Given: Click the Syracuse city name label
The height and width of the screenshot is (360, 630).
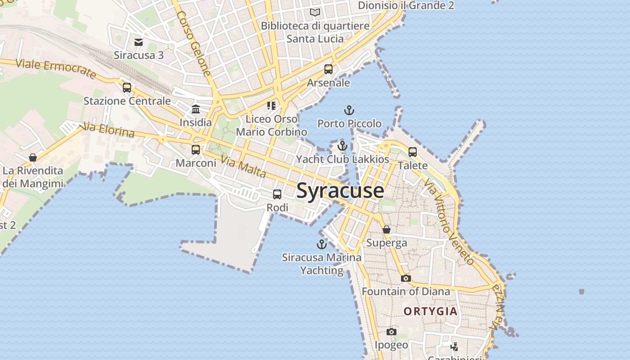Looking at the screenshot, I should coord(340,191).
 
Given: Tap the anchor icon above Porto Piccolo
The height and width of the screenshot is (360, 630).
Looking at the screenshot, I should coord(349,110).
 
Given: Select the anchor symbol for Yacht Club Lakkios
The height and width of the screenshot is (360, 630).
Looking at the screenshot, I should coord(342,146).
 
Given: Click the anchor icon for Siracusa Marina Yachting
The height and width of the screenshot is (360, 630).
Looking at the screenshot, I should coord(321,244).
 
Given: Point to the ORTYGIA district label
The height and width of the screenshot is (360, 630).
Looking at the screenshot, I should coord(430,311).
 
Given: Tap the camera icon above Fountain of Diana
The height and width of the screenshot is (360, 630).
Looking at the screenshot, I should coord(405,278).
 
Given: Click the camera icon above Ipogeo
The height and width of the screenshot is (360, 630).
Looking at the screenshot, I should coord(391,332).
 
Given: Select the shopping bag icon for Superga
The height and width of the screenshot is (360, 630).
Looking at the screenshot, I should coord(386,229).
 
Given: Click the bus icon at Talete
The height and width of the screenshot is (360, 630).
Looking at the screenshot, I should coord(412,152).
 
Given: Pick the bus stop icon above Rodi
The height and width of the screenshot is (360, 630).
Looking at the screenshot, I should coord(277,194).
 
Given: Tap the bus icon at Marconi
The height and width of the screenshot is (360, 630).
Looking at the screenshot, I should coord(196,150).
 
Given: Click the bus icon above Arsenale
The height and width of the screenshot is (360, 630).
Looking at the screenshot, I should coord(328,69).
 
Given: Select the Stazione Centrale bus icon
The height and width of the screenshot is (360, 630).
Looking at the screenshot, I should coord(127,87).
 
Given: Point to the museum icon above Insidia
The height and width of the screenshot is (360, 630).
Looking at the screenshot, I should coord(196,109).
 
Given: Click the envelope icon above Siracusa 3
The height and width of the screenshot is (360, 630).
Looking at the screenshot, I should coord(139,42).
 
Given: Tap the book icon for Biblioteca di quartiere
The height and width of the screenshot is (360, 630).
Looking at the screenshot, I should coord(315,12).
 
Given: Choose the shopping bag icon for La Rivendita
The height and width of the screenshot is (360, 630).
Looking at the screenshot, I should coord(32,157).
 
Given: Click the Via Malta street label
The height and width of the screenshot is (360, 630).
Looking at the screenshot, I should coord(243,166).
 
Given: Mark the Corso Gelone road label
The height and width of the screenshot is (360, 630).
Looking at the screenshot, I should coord(193,43).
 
